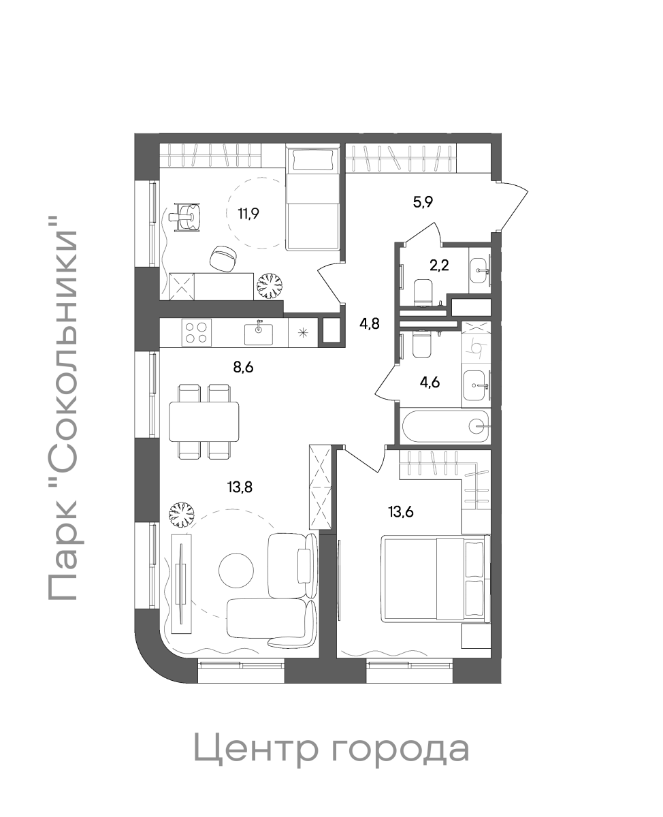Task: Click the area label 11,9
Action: tap(248, 213)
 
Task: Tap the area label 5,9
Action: tap(423, 202)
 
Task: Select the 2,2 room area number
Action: tap(439, 265)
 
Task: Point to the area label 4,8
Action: tap(369, 323)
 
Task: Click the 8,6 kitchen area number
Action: tap(244, 367)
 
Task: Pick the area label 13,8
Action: tap(240, 488)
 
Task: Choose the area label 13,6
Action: tap(401, 512)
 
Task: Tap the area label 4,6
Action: tap(430, 383)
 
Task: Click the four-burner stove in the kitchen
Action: tap(196, 332)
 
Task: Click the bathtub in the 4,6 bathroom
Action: tap(446, 426)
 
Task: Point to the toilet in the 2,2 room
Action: tap(423, 293)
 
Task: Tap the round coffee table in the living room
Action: tap(236, 571)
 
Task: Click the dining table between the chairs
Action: tap(204, 421)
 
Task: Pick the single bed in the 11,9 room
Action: tap(313, 199)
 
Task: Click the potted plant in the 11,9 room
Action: tap(269, 286)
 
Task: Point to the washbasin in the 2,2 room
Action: tap(480, 270)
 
